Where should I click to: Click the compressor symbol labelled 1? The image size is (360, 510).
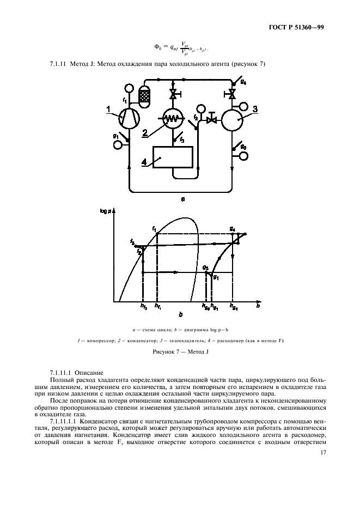tap(130, 116)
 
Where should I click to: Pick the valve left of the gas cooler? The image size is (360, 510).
tap(213, 119)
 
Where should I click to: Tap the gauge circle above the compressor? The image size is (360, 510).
tap(129, 88)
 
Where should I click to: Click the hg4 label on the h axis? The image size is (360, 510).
tap(233, 308)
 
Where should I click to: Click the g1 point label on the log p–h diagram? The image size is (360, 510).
tap(216, 277)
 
